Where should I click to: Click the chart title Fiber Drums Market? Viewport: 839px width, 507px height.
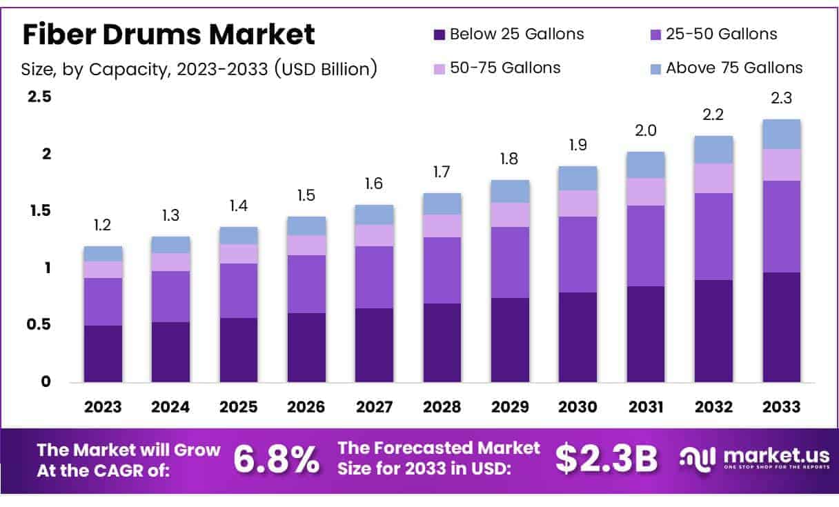click(x=169, y=34)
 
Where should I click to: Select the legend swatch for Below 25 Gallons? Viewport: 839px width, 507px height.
click(x=439, y=34)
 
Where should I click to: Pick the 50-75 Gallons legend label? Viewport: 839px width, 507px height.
click(x=505, y=68)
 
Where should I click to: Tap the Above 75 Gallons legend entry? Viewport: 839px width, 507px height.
click(x=734, y=68)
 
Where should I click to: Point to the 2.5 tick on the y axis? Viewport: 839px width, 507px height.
click(x=39, y=97)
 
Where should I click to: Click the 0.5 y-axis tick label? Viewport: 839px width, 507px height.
click(x=39, y=324)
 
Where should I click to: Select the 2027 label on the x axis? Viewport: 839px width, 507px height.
click(x=375, y=407)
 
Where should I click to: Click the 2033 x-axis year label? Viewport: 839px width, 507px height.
click(x=782, y=407)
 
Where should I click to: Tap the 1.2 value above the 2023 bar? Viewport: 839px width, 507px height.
click(x=103, y=225)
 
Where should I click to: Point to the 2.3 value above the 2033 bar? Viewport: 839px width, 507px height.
click(x=782, y=98)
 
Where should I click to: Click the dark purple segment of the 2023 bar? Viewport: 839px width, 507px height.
click(x=103, y=353)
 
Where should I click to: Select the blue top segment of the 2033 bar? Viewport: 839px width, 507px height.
click(x=782, y=134)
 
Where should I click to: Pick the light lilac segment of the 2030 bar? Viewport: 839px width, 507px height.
click(x=578, y=203)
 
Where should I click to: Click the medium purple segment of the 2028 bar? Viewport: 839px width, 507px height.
click(x=442, y=270)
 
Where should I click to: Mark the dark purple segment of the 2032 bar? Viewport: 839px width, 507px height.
click(x=714, y=330)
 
